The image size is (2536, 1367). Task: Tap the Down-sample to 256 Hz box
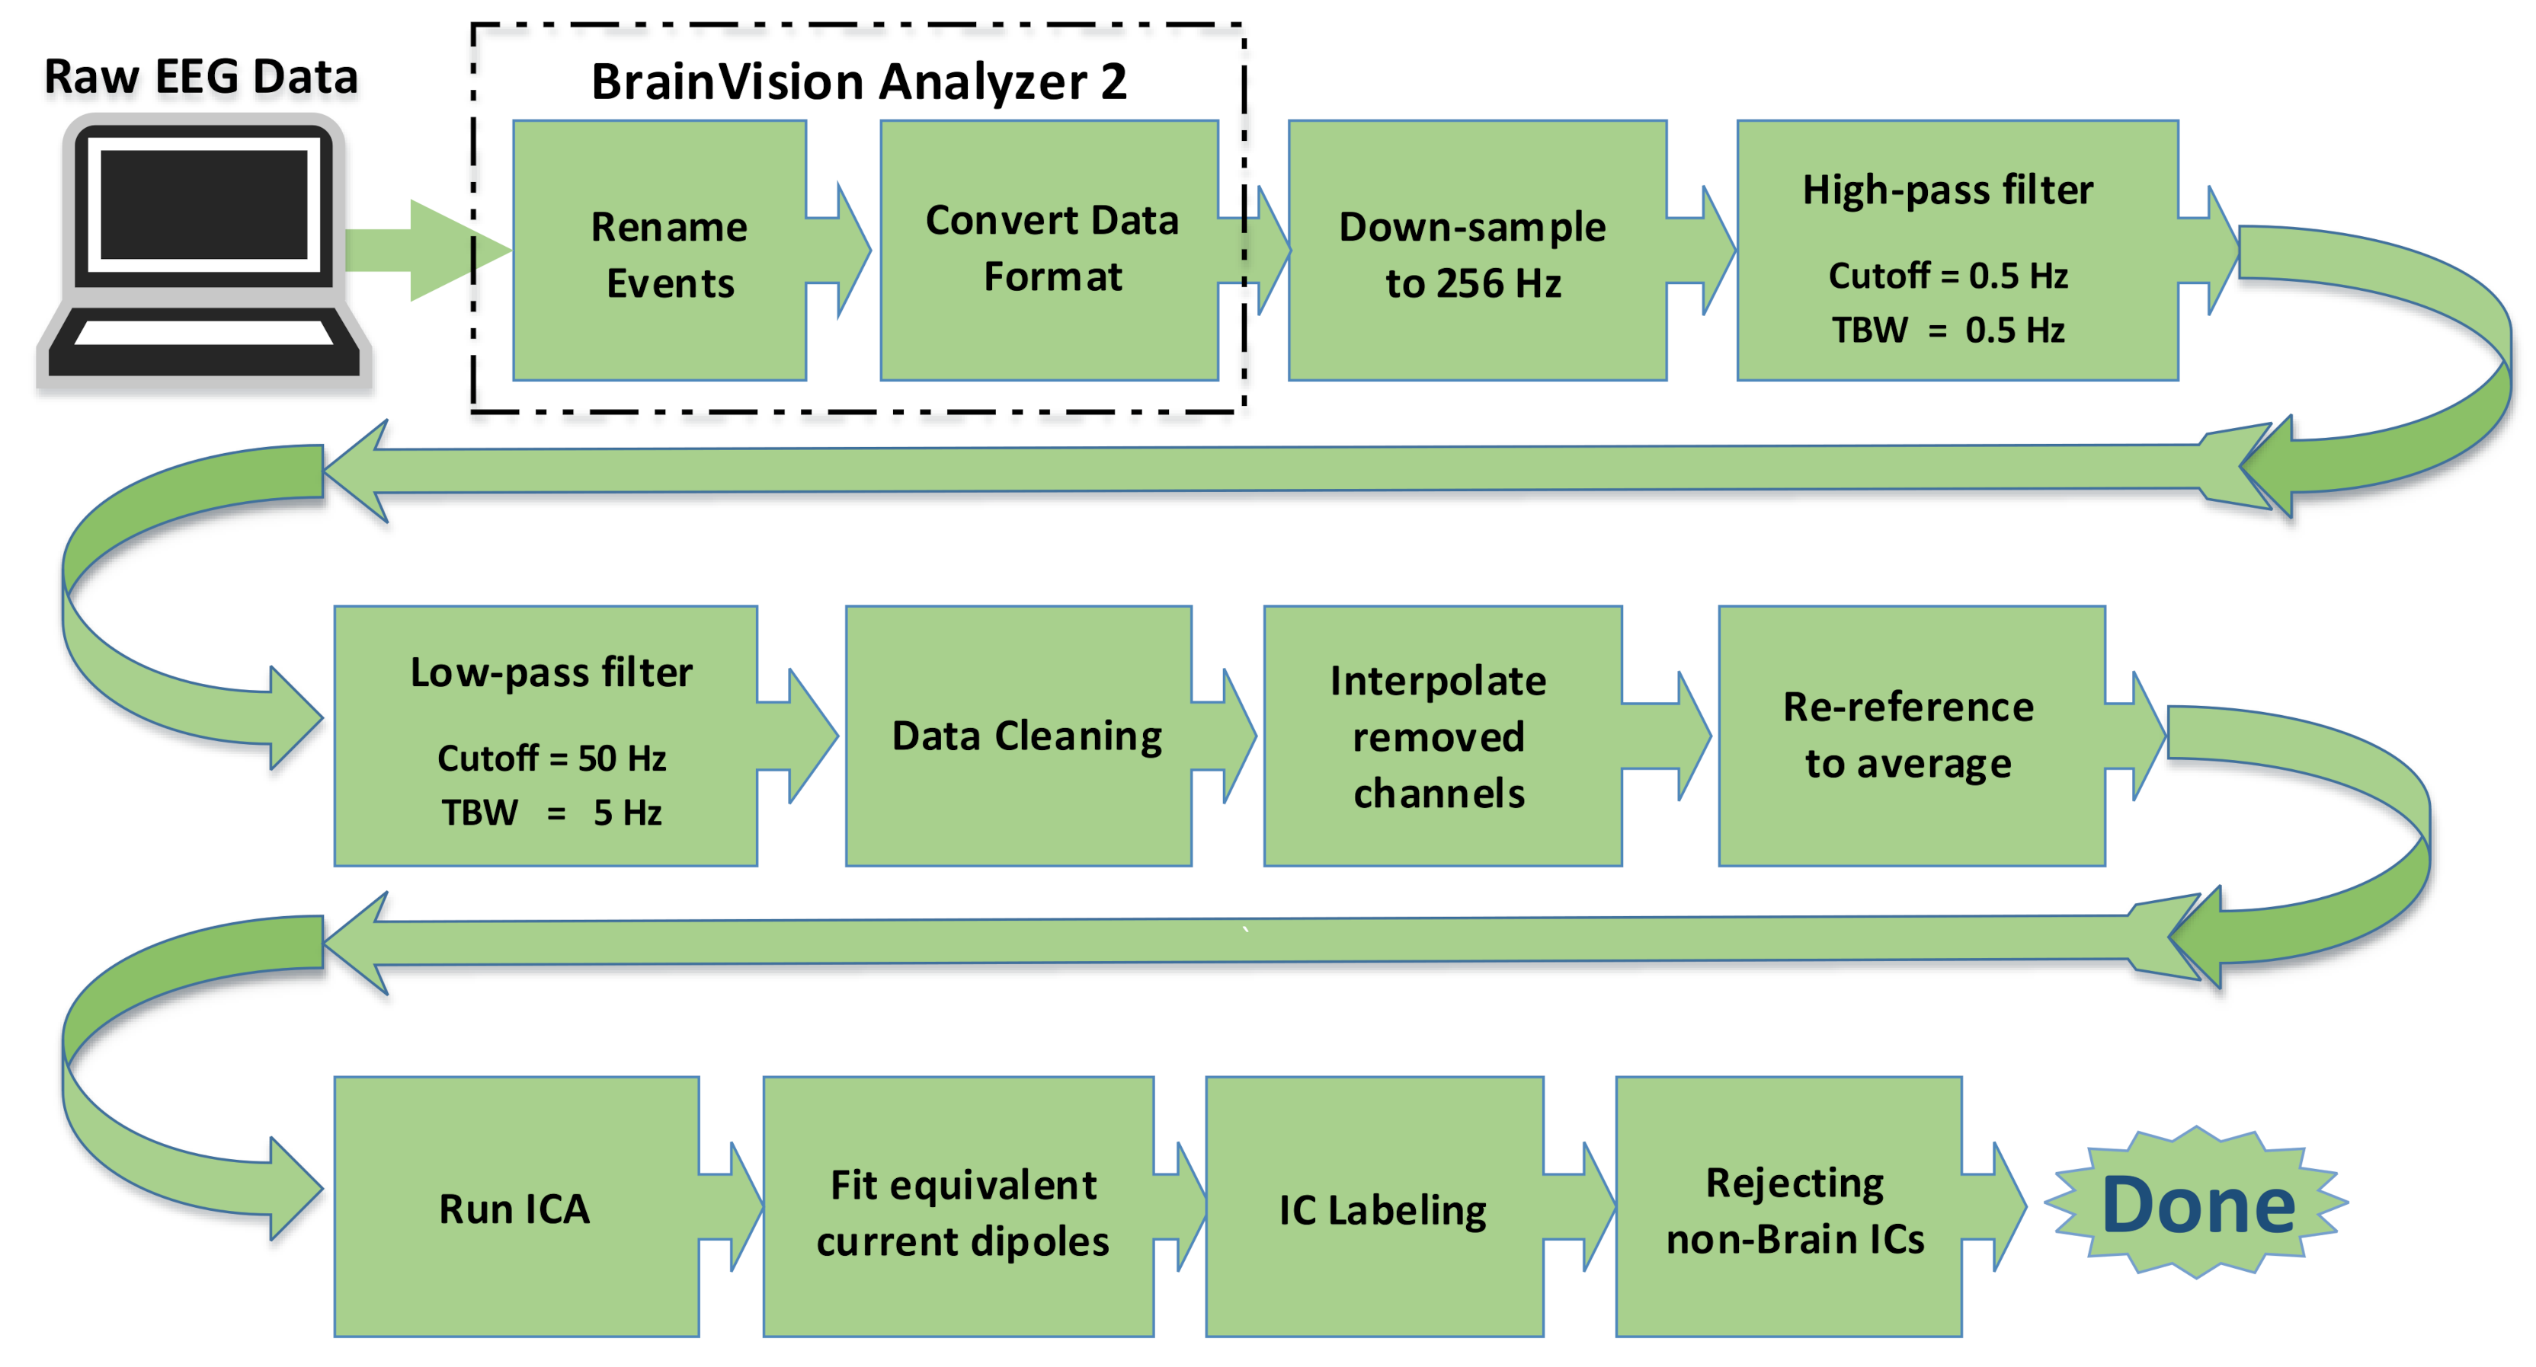(1474, 253)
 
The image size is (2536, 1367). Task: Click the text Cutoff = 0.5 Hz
(1947, 276)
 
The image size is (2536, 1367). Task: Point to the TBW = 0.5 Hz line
(1947, 330)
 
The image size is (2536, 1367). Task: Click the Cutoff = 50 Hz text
(551, 758)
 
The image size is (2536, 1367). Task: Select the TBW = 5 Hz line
(551, 813)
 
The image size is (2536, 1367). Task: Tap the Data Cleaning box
(1025, 736)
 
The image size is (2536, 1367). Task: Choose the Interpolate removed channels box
(1439, 736)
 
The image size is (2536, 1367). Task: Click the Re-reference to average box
(1908, 736)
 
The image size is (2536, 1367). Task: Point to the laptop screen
(203, 204)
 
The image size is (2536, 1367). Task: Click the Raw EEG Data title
(201, 77)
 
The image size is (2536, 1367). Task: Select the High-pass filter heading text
(1946, 189)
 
